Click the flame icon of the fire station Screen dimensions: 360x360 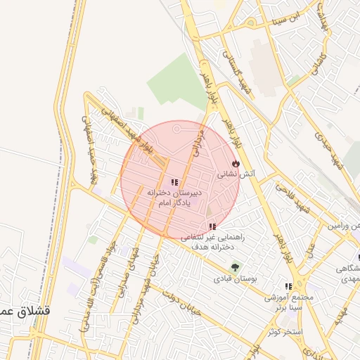(235, 162)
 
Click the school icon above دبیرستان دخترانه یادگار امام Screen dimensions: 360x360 (174, 182)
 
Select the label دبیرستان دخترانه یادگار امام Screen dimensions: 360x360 (174, 196)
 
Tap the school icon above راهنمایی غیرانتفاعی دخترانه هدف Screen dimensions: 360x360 (212, 226)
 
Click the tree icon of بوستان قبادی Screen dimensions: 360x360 (235, 267)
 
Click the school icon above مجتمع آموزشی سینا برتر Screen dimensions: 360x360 (288, 286)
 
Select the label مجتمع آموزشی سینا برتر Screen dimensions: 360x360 (288, 303)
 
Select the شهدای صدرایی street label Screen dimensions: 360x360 (129, 270)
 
